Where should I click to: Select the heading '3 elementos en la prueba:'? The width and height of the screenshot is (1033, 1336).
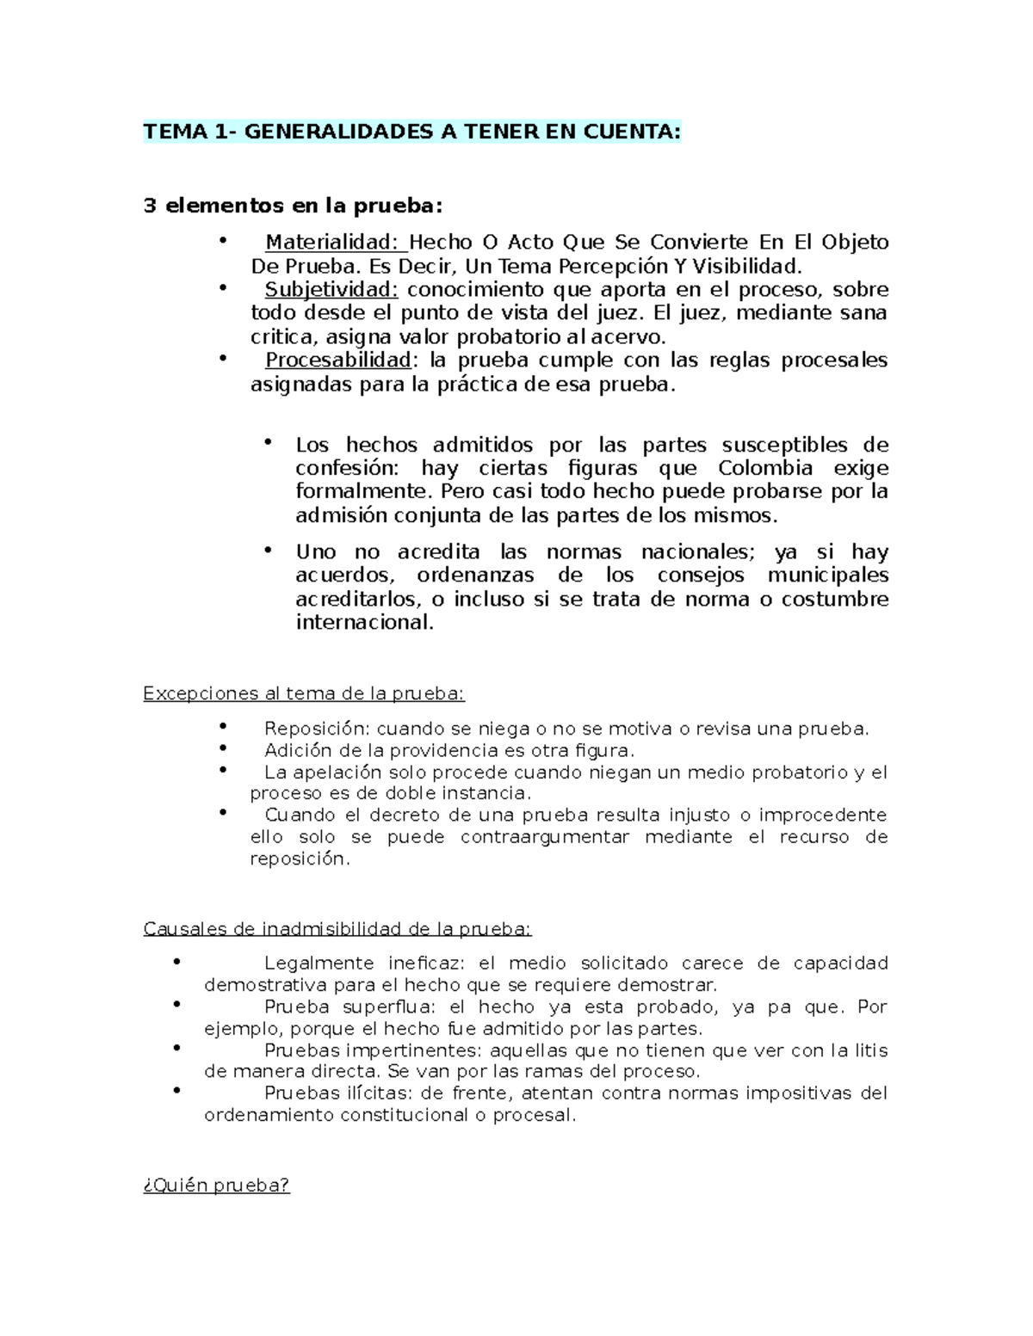pos(293,206)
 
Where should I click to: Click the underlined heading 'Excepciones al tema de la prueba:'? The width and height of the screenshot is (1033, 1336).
pos(304,693)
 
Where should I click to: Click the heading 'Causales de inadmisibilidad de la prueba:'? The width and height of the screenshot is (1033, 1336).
pos(337,929)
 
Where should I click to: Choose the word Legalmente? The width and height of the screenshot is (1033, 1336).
pos(319,964)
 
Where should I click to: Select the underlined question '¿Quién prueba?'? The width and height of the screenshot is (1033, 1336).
pos(216,1185)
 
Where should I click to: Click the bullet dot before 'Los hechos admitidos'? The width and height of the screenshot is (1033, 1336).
pos(269,442)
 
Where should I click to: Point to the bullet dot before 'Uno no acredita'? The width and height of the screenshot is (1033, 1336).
pos(269,549)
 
